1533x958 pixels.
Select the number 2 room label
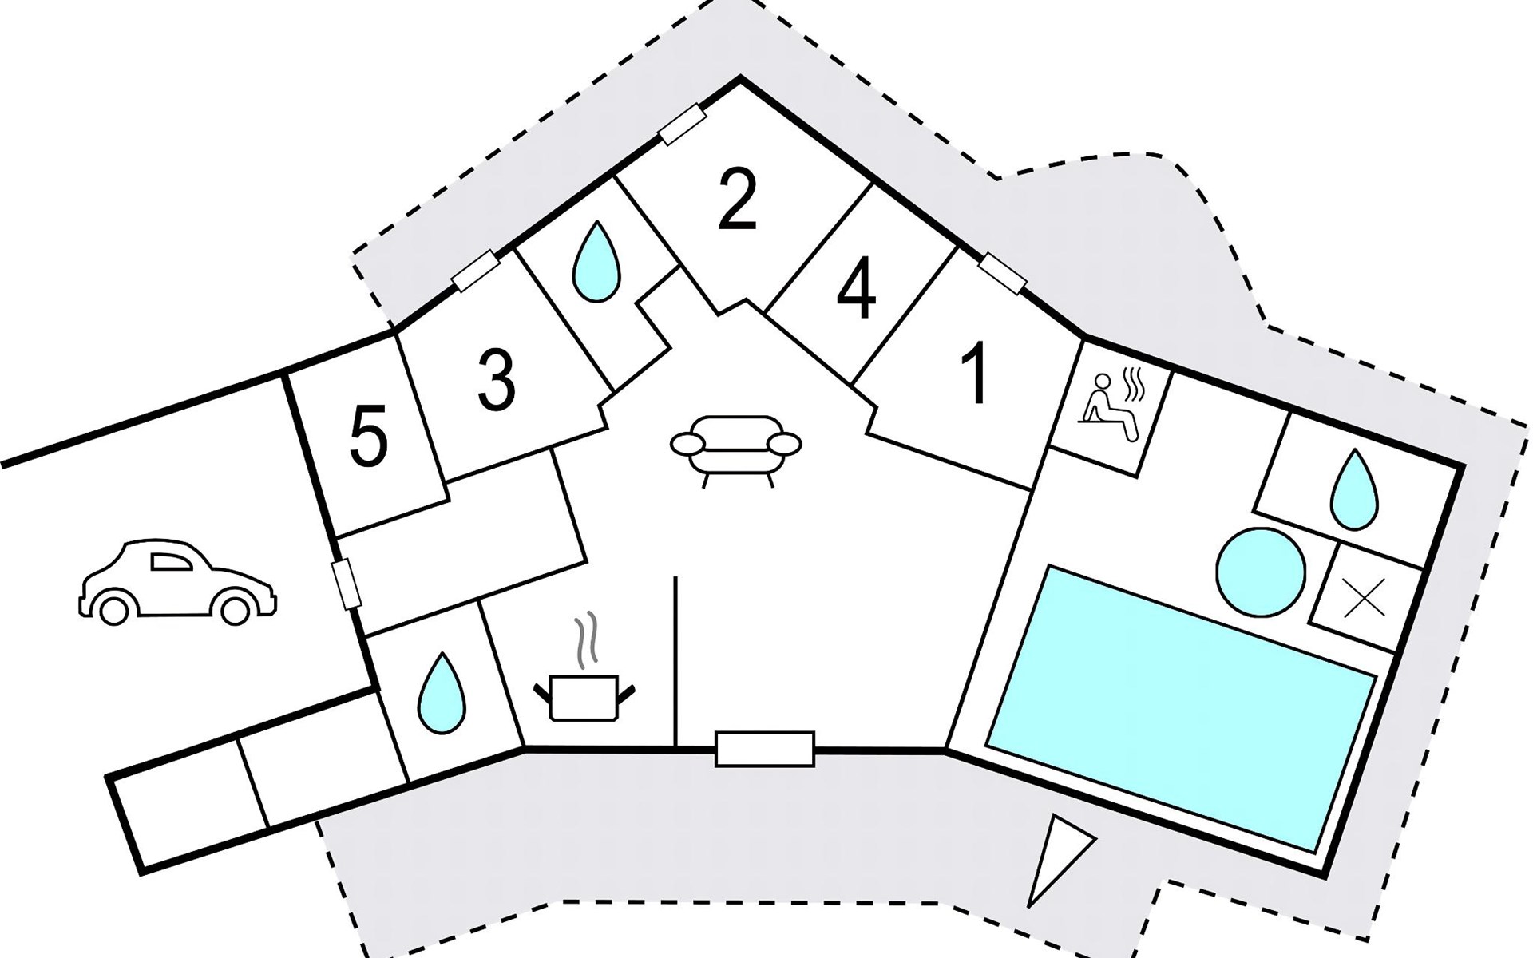(736, 204)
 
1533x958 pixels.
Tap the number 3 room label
(496, 382)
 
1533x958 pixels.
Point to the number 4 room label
(856, 291)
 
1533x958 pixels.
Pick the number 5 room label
(369, 436)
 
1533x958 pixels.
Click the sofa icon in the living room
(735, 447)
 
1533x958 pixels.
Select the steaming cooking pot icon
(585, 683)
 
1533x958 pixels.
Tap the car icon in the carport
(177, 581)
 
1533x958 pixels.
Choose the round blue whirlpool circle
(1261, 572)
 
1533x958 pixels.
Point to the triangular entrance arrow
(1056, 858)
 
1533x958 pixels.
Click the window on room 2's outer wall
(682, 125)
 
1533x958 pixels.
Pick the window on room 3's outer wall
(475, 272)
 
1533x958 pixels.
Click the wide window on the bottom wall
(764, 749)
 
